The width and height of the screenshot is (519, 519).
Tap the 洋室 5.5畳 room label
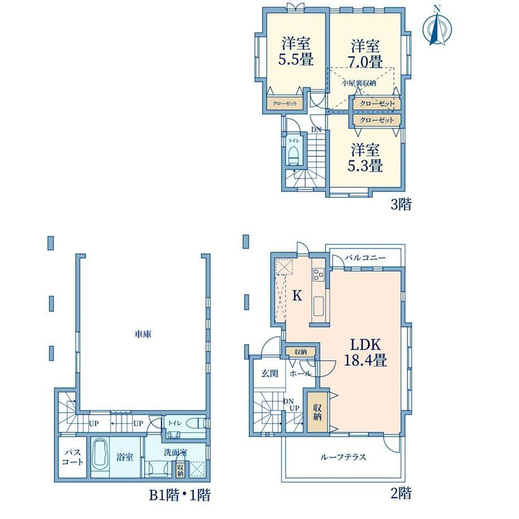(x=296, y=52)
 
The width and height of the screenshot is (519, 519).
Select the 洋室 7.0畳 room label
(x=365, y=53)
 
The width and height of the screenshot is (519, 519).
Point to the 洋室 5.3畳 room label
(x=365, y=157)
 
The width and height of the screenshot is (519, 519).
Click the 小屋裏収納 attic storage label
(x=359, y=83)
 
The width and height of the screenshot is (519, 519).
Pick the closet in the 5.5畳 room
(x=285, y=103)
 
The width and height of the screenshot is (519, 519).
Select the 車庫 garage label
(x=143, y=335)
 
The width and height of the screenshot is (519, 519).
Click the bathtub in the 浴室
(x=100, y=458)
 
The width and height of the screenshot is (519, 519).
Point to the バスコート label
(x=72, y=457)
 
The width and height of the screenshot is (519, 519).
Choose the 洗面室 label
(x=176, y=452)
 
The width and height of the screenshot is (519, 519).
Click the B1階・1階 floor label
(x=180, y=495)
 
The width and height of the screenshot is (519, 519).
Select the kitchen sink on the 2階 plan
(x=318, y=306)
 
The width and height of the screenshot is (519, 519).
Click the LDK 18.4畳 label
(x=366, y=352)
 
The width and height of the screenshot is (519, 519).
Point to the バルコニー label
(x=365, y=257)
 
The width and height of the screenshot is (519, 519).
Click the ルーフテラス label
(x=343, y=457)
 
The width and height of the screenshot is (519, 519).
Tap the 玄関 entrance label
(x=270, y=373)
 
